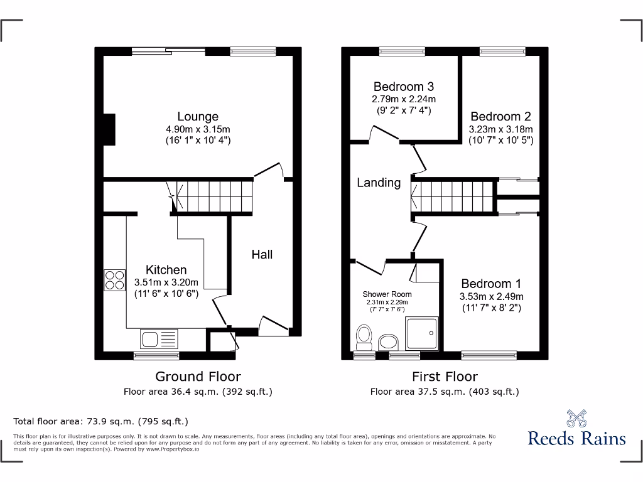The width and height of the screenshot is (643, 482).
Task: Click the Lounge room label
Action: point(198,116)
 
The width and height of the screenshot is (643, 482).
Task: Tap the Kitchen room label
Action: point(166,270)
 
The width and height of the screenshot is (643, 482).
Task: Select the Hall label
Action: point(262,254)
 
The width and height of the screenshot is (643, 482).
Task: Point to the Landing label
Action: point(379,183)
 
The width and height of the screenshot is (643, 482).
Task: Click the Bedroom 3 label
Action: point(403,87)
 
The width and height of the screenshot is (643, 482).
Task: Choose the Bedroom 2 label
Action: point(500,116)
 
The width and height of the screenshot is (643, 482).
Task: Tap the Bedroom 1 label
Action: point(492,284)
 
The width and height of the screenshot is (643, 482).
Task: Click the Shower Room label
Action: point(387,294)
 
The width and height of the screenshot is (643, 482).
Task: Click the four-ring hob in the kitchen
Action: point(114,279)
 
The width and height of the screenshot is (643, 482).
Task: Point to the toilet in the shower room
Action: point(364,337)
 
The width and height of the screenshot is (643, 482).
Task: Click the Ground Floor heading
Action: point(198,377)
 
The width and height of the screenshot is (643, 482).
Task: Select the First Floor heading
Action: point(445,377)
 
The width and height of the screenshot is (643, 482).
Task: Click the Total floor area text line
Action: point(100,421)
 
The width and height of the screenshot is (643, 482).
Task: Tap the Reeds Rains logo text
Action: point(576,438)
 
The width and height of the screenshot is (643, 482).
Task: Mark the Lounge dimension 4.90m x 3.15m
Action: point(198,129)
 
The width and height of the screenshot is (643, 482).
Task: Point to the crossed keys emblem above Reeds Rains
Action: point(576,417)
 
